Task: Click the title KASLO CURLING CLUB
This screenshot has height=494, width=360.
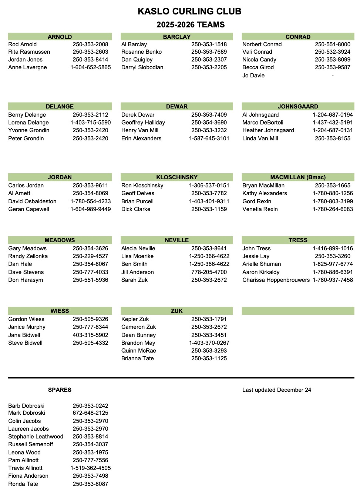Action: pos(189,11)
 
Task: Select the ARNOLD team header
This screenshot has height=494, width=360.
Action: pos(60,37)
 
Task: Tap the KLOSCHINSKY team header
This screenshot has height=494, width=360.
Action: pos(176,177)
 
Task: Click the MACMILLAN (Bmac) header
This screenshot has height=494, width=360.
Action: pos(298,177)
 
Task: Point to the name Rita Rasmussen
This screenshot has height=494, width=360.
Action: pos(29,52)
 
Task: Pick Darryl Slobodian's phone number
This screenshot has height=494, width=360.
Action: pos(209,67)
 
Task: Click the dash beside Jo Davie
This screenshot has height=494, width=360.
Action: pos(333,76)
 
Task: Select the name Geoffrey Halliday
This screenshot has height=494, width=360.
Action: pos(143,123)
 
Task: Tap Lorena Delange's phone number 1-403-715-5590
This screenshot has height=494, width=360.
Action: pos(91,123)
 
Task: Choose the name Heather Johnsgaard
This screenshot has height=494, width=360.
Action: pos(268,130)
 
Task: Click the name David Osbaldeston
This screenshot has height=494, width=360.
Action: pos(33,201)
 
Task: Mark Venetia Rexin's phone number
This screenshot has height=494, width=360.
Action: pos(333,209)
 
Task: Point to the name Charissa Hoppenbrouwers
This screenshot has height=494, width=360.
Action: pos(276,280)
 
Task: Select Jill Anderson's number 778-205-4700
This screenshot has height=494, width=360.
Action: pos(209,272)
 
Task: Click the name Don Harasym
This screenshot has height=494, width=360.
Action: pos(26,280)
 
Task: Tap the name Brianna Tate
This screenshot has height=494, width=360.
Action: pos(138,358)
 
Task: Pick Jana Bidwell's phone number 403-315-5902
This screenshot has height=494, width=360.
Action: pos(91,335)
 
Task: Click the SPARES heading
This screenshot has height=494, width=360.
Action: pos(60,390)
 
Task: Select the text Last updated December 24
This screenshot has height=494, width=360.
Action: pos(277,390)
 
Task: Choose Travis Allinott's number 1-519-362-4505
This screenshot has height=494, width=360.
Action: pos(91,468)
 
